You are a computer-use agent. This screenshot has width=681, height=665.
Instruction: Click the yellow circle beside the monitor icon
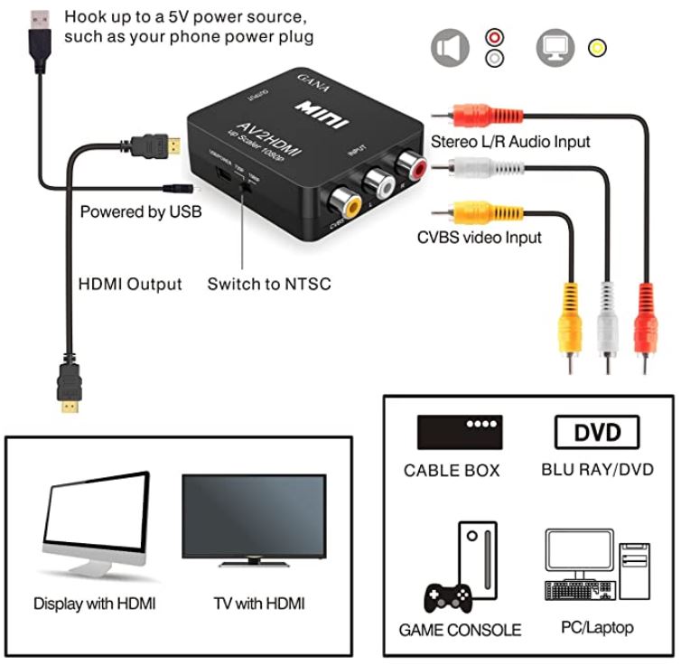tap(597, 47)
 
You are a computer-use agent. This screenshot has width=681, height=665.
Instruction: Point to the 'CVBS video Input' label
tap(479, 238)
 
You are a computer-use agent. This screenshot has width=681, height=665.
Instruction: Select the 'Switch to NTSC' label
tap(269, 284)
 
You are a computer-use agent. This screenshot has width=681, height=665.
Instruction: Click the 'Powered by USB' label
tap(141, 212)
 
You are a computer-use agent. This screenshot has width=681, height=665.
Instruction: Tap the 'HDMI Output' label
tap(130, 284)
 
